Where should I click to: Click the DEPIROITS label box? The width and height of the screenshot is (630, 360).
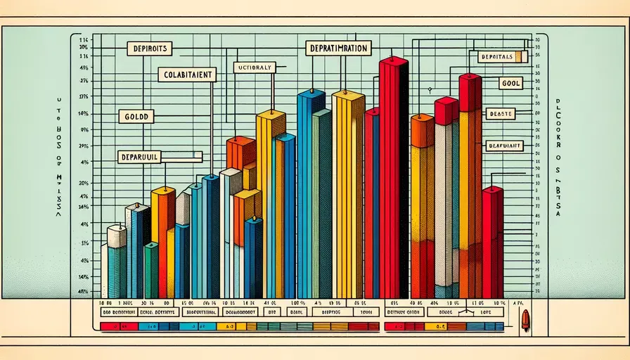click(x=149, y=49)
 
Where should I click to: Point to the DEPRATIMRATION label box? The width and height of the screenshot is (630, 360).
click(x=339, y=48)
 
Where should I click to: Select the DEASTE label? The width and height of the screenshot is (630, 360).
click(x=500, y=112)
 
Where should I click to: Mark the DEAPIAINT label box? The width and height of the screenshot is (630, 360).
click(x=503, y=146)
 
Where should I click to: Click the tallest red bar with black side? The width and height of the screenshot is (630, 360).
click(x=392, y=176)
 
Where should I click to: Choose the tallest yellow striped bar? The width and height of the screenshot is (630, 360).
click(x=347, y=197)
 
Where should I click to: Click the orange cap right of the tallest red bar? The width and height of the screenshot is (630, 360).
click(x=422, y=130)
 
